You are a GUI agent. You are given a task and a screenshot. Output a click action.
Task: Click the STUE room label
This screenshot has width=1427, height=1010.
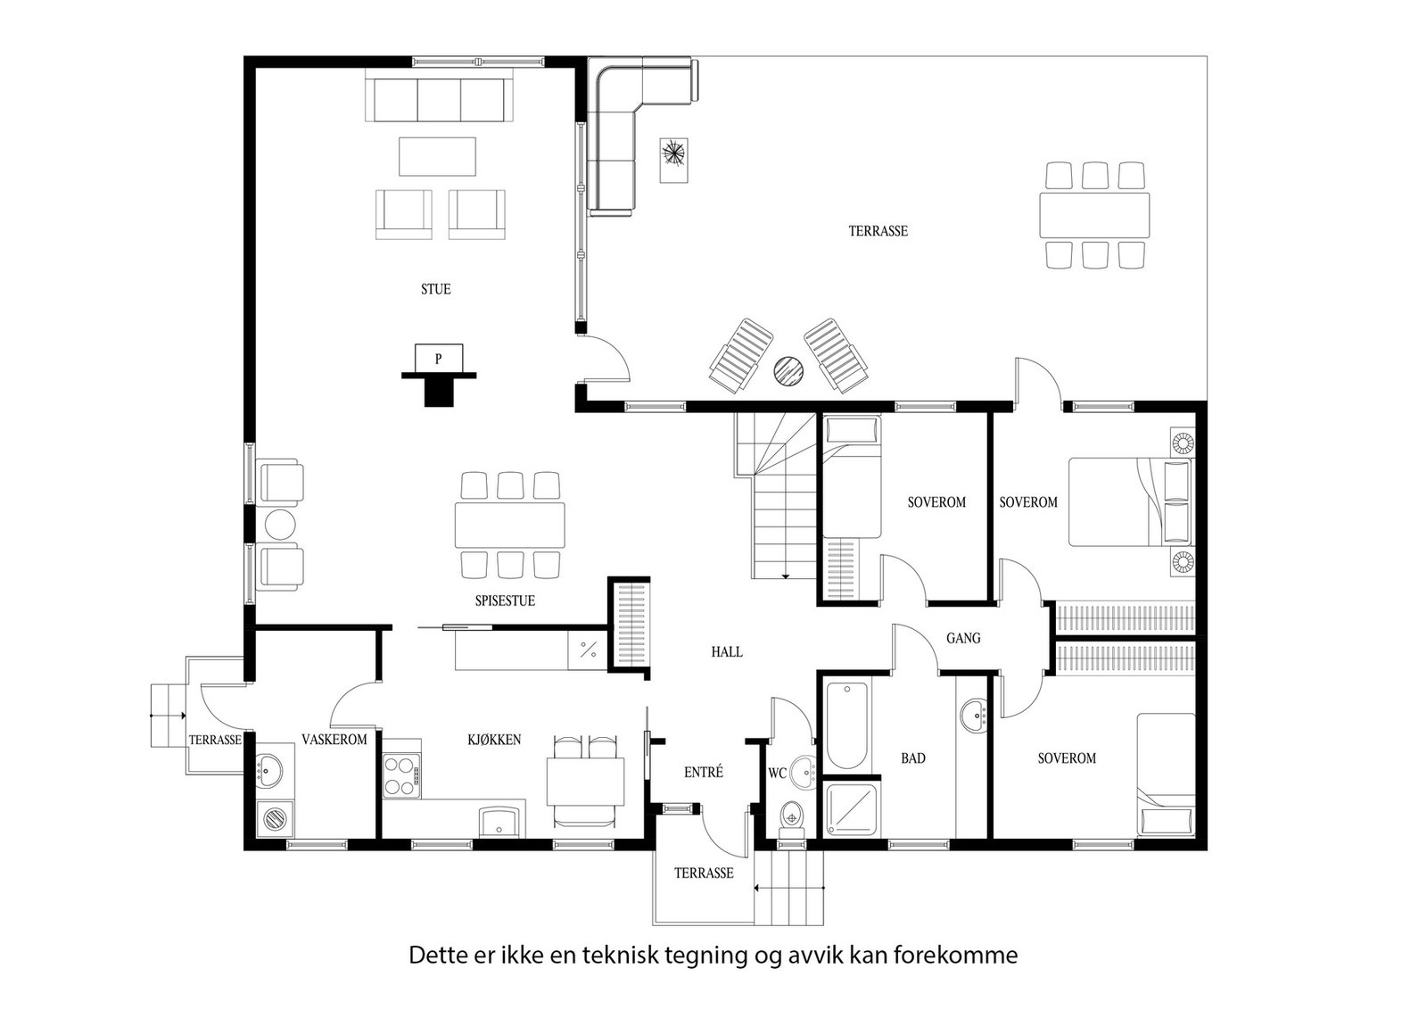tap(436, 289)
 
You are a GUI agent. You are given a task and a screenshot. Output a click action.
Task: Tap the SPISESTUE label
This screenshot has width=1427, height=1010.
tap(505, 600)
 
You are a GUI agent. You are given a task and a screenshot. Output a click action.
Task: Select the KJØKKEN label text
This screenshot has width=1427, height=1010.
tap(494, 739)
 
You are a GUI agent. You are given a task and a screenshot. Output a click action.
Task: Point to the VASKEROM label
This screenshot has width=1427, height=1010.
tap(334, 739)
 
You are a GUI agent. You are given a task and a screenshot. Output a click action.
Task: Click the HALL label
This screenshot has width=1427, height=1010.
tap(727, 652)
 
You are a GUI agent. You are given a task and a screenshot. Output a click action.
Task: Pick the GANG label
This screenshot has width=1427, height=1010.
tap(963, 638)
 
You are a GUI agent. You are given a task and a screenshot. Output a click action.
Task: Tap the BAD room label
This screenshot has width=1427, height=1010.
tap(913, 758)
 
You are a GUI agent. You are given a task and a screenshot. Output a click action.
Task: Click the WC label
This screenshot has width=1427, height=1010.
tap(777, 773)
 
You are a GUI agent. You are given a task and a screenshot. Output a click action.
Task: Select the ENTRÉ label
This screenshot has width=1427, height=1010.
tap(704, 772)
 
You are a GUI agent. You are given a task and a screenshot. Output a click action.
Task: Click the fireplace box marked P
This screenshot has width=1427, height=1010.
tap(438, 359)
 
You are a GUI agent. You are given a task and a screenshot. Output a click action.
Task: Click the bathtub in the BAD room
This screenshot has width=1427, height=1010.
tap(846, 725)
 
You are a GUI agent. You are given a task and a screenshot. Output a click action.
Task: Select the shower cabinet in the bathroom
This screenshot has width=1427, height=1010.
tap(852, 809)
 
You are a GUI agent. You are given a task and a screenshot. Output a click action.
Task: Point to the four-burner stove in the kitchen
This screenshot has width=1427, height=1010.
tap(402, 775)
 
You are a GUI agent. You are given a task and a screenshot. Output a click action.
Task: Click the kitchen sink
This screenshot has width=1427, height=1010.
tap(501, 821)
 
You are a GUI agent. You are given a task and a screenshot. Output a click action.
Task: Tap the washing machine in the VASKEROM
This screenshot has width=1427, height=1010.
tap(276, 818)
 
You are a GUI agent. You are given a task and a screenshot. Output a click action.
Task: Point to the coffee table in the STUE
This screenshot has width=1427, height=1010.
tap(438, 156)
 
